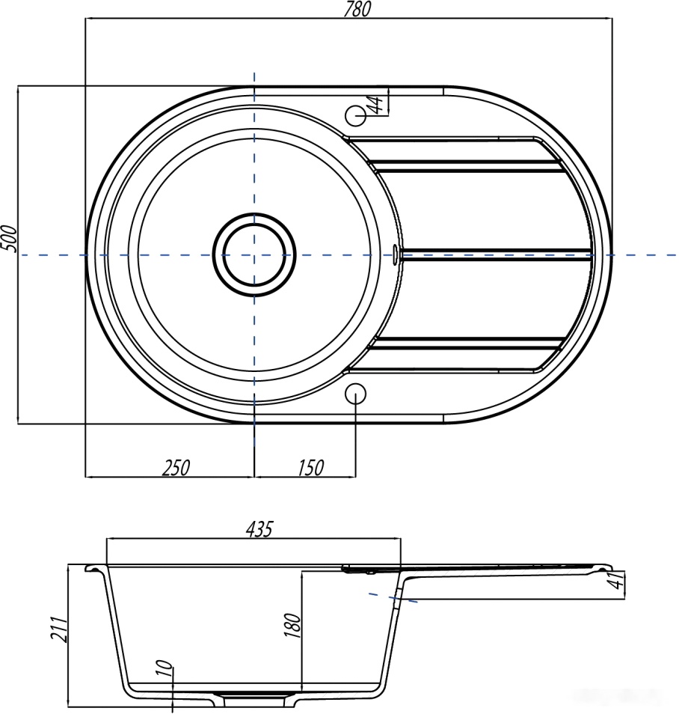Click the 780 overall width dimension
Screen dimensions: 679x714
pyautogui.click(x=357, y=9)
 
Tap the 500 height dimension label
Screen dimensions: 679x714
pyautogui.click(x=9, y=238)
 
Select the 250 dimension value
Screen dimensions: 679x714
pyautogui.click(x=176, y=468)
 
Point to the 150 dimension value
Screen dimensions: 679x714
pyautogui.click(x=311, y=468)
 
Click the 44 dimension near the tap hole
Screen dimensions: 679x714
pyautogui.click(x=378, y=104)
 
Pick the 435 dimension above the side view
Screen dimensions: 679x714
pyautogui.click(x=259, y=529)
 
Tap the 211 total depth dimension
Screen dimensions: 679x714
pyautogui.click(x=59, y=629)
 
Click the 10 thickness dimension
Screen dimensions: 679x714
pyautogui.click(x=166, y=668)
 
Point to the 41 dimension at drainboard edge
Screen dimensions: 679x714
pyautogui.click(x=618, y=581)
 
